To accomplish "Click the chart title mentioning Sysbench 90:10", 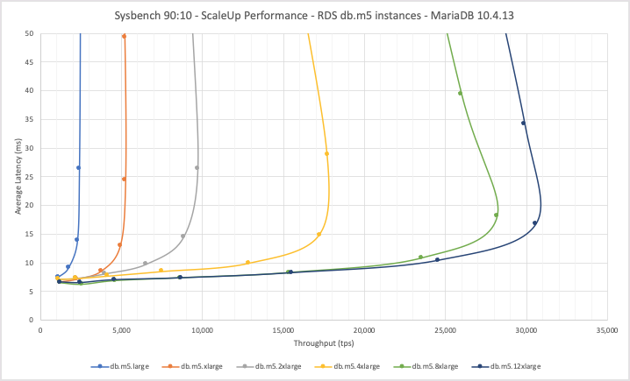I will (315, 16).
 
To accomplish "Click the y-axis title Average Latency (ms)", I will (18, 176).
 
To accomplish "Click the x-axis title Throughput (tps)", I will (324, 344).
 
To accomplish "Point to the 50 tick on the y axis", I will (30, 33).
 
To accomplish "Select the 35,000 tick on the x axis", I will (607, 330).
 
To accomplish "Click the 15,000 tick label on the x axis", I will (283, 330).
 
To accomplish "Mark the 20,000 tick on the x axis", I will (364, 330).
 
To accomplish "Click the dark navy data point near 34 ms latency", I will (523, 123).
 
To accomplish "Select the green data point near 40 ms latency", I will (460, 93).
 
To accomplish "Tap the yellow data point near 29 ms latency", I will (326, 153).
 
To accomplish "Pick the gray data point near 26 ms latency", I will (197, 167).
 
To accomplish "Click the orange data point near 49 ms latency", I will (124, 37).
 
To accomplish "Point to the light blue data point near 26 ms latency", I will (78, 167).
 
